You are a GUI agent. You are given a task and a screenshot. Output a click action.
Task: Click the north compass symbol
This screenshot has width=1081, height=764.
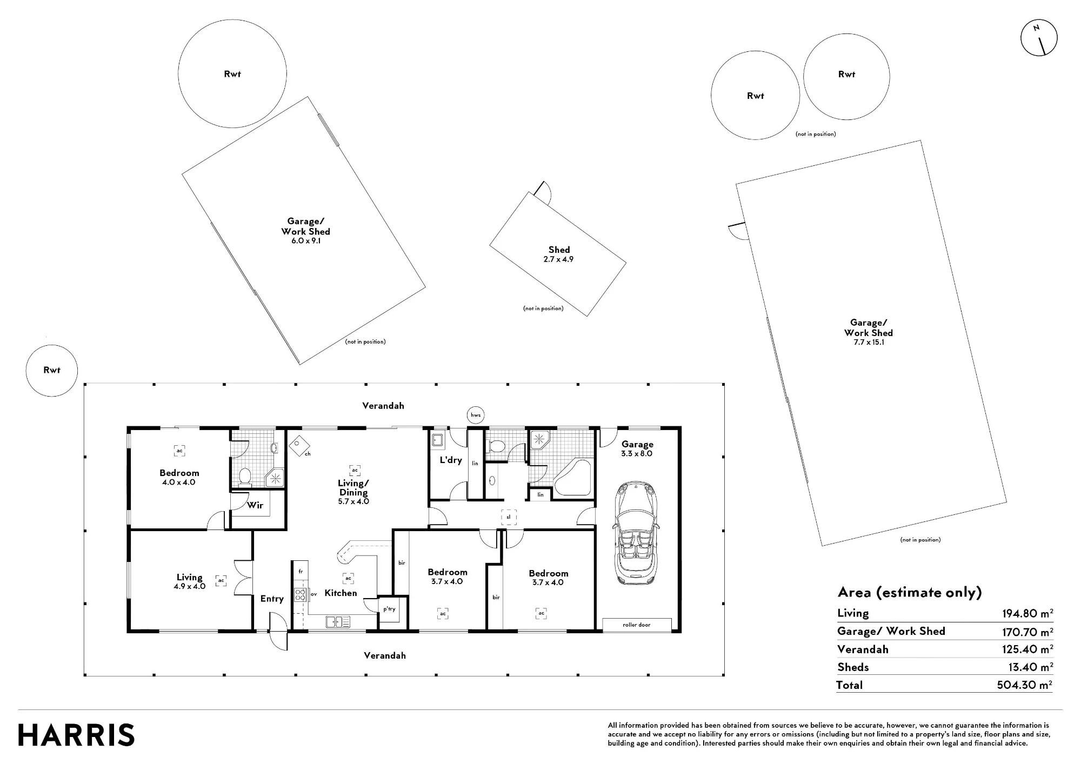point(1039,38)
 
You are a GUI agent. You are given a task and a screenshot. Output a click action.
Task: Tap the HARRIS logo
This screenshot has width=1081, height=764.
point(76,735)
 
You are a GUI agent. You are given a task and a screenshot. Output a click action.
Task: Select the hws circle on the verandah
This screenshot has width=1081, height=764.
point(475,415)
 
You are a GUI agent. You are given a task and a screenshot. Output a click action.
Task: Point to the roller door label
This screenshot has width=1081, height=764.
point(637,625)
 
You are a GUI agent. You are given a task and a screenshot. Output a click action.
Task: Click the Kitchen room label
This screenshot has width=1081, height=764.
point(341,593)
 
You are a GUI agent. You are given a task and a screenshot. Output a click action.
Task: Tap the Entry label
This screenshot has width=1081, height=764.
point(272,599)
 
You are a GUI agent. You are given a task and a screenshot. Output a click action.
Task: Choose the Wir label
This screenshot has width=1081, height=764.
point(255,505)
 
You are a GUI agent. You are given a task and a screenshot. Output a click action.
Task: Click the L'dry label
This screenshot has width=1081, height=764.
point(451,460)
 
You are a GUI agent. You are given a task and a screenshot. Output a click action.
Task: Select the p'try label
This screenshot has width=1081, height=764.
point(389,609)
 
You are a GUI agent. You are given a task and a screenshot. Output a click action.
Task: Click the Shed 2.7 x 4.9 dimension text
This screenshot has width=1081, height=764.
point(558,259)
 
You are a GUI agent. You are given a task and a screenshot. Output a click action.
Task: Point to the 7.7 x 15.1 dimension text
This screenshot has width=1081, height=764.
point(869,342)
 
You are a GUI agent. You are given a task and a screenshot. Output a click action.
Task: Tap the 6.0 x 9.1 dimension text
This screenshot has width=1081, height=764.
point(306,241)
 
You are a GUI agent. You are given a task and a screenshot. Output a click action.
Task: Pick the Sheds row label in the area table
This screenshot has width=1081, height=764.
point(853,667)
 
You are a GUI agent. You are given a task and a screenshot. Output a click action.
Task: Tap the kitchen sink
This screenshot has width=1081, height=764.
point(338,622)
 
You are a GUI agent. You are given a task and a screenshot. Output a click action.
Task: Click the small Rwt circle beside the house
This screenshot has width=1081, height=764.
point(52,371)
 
